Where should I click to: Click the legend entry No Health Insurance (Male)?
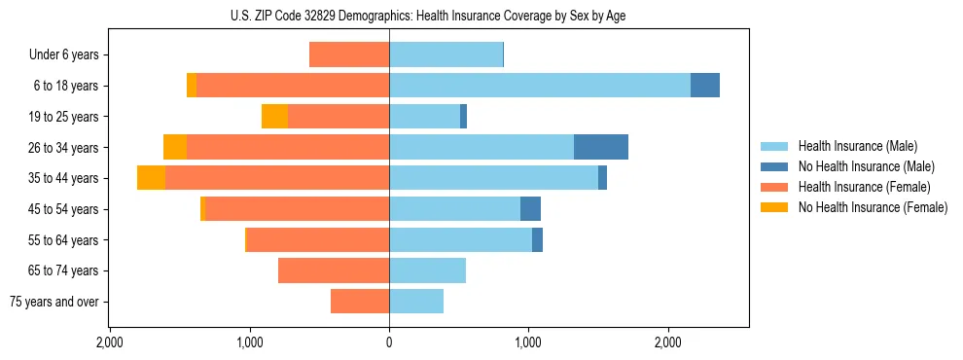pyautogui.click(x=866, y=166)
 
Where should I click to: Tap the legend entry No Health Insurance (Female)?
pyautogui.click(x=873, y=207)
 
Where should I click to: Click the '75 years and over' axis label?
pyautogui.click(x=54, y=302)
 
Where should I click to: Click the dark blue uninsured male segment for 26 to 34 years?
pyautogui.click(x=601, y=147)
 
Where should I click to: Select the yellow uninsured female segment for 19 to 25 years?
pyautogui.click(x=274, y=117)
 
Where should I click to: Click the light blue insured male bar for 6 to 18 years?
pyautogui.click(x=540, y=86)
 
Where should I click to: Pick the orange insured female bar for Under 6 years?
pyautogui.click(x=349, y=55)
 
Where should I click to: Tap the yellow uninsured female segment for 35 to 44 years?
pyautogui.click(x=151, y=178)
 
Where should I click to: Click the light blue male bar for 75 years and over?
pyautogui.click(x=416, y=302)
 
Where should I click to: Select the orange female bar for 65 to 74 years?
pyautogui.click(x=334, y=270)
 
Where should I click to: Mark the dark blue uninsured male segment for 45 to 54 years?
pyautogui.click(x=530, y=209)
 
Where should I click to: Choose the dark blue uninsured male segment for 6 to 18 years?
pyautogui.click(x=705, y=86)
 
